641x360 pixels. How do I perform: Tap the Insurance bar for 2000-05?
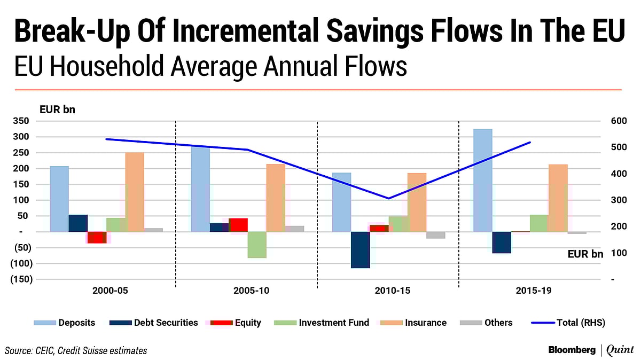[x=135, y=192]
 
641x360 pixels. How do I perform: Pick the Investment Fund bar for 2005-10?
[x=257, y=245]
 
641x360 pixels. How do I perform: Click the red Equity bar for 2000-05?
[x=97, y=237]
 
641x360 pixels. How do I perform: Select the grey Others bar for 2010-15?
[x=435, y=235]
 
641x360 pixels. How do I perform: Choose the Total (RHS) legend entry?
[x=569, y=323]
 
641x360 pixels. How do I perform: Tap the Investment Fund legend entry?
[x=323, y=323]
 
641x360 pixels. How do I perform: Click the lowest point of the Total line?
[x=389, y=198]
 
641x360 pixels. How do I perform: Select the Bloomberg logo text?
[x=572, y=350]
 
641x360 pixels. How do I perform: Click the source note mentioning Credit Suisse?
[x=76, y=350]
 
